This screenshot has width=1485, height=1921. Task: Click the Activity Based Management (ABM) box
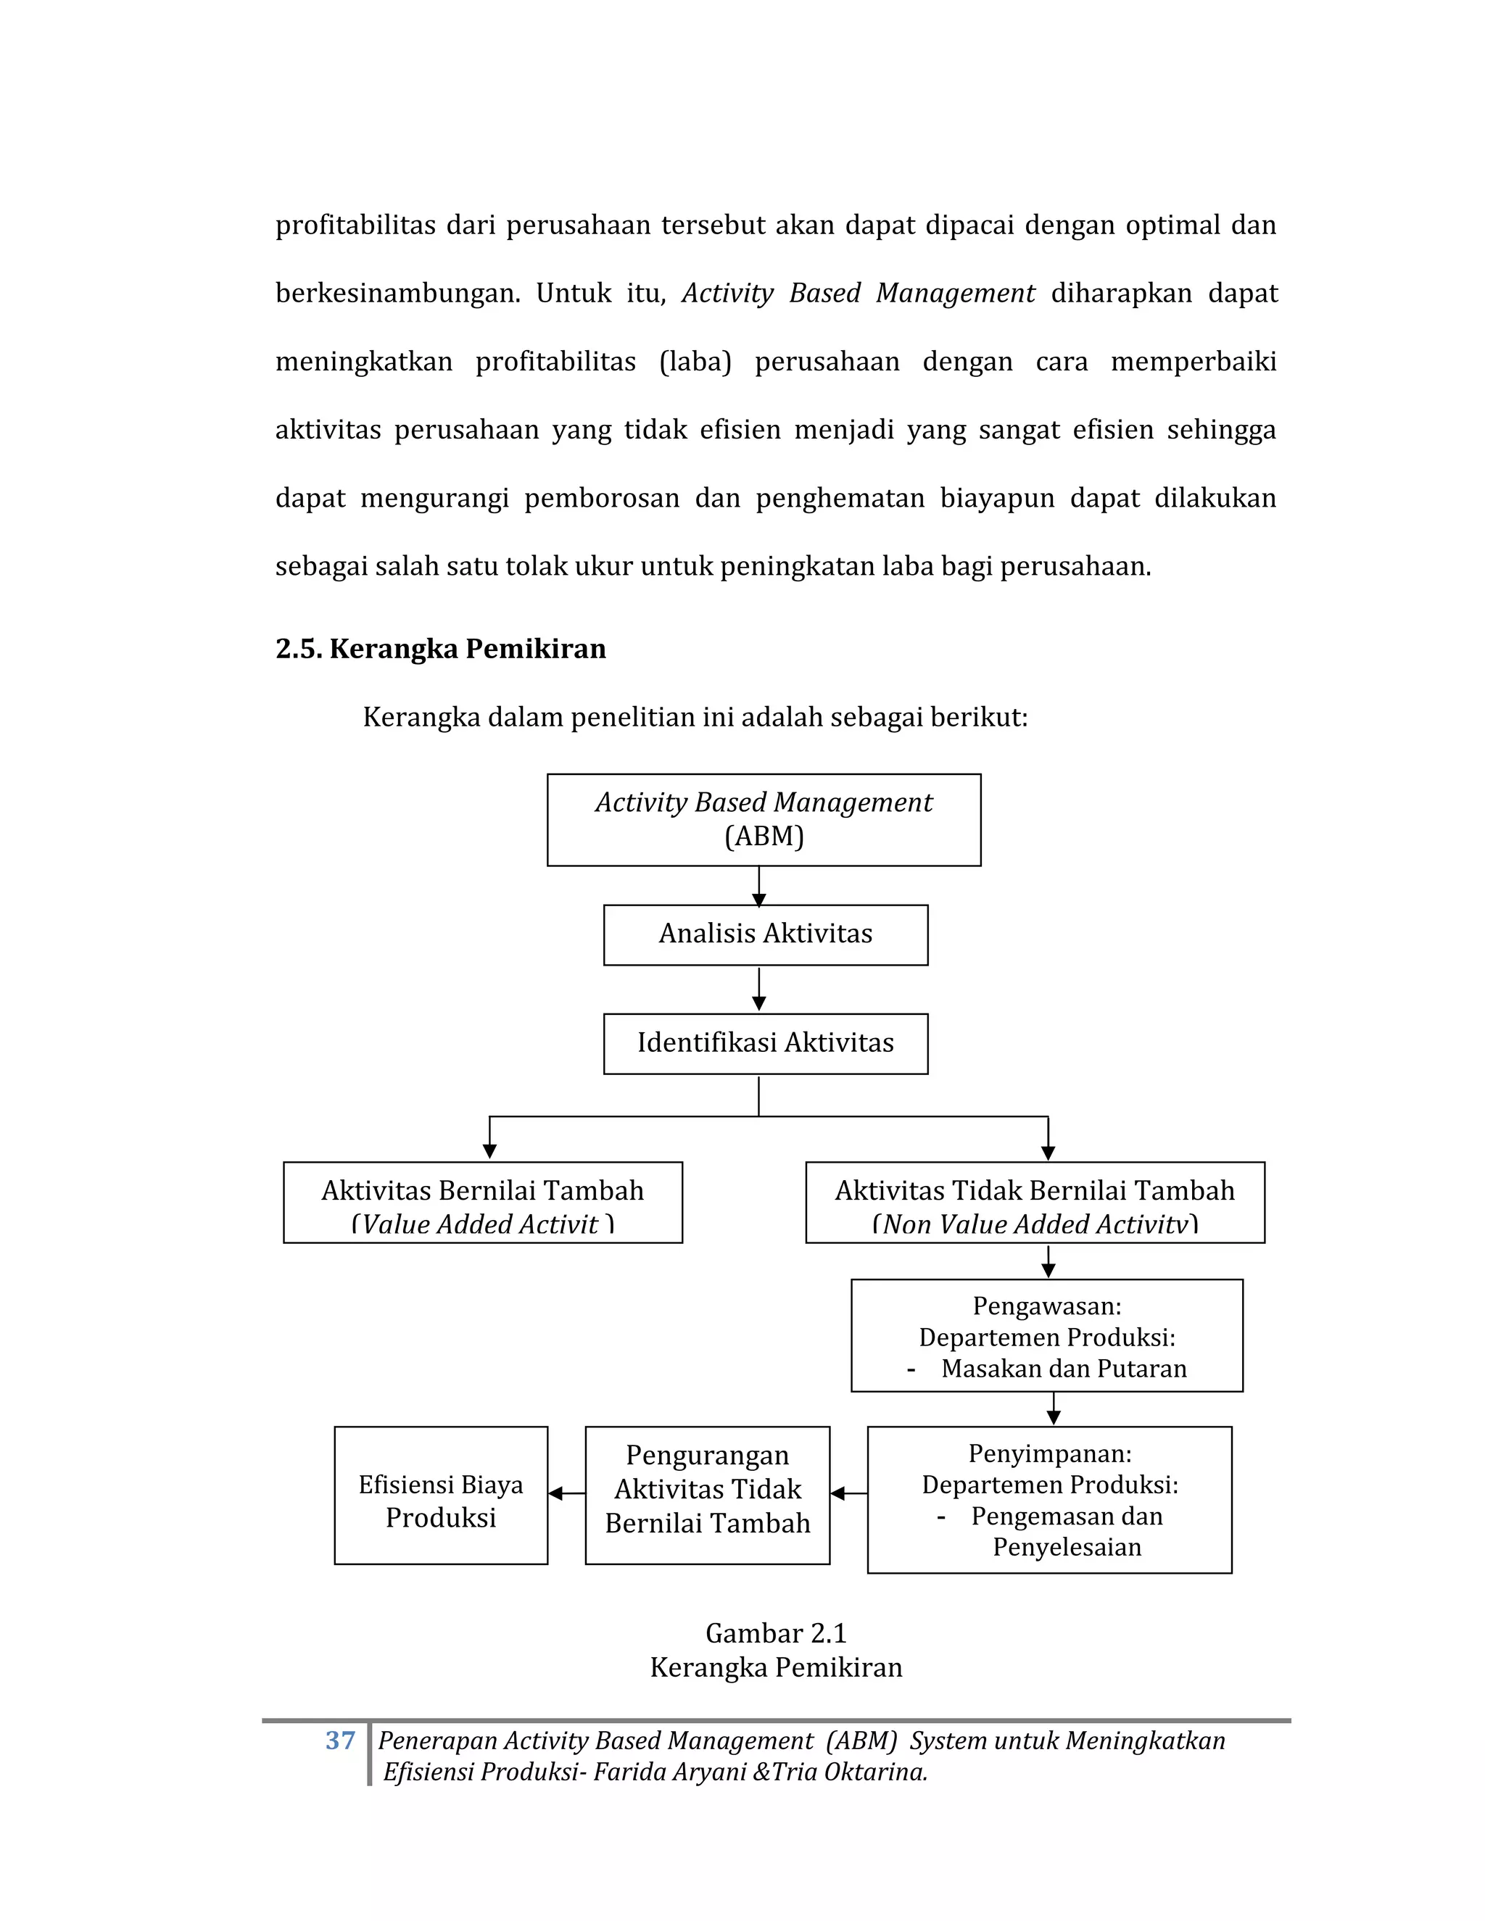pos(764,820)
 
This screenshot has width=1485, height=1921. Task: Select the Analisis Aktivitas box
pos(766,934)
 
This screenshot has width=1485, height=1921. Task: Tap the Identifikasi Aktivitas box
pos(766,1043)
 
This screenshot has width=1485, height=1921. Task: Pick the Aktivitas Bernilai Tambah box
pos(482,1203)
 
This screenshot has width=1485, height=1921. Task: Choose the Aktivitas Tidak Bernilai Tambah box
pos(1035,1203)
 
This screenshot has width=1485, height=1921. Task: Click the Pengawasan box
pos(1047,1336)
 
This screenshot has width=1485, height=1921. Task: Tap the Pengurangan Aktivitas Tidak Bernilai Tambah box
pos(707,1495)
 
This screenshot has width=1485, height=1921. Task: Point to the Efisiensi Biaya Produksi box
pos(441,1495)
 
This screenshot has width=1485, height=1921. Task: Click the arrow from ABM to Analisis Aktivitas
pos(759,887)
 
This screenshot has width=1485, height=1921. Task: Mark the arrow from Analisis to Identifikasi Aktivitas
pos(759,990)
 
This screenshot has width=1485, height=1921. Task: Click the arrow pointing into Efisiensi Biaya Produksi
pos(566,1493)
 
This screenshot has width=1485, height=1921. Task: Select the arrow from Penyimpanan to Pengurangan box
pos(848,1493)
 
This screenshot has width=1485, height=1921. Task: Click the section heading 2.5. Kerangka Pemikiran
pos(441,648)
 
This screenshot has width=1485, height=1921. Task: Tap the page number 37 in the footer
pos(339,1740)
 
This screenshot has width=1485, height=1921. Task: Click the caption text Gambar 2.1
pos(776,1632)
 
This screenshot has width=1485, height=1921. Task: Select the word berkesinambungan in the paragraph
pos(397,293)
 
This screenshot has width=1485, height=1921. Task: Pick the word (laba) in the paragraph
pos(695,362)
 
